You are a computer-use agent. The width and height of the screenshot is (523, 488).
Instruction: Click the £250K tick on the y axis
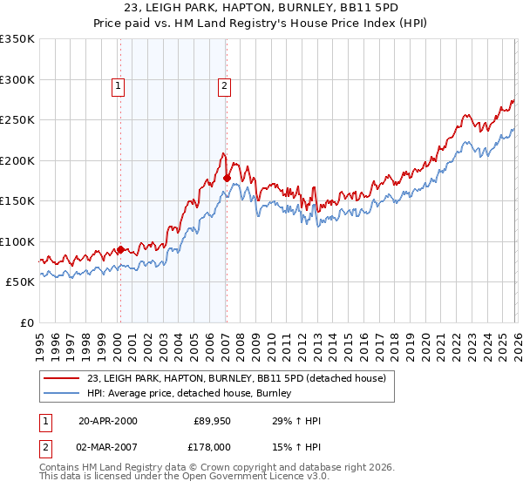(17, 120)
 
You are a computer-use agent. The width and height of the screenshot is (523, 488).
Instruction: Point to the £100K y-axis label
(17, 241)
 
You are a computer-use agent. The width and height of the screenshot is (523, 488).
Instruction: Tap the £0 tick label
(26, 322)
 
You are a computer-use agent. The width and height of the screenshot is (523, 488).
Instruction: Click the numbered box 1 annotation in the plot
(118, 85)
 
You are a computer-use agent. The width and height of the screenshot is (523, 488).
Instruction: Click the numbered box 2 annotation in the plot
(224, 85)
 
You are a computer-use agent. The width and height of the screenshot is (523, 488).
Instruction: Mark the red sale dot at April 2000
(120, 249)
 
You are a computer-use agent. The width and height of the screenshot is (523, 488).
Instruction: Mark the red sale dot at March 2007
(227, 178)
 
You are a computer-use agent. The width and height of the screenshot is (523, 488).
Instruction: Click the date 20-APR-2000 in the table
(107, 421)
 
